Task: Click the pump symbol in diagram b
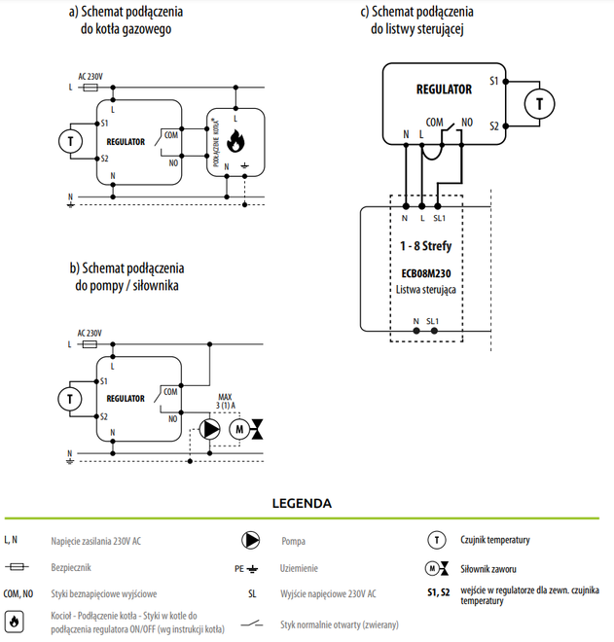coord(210,429)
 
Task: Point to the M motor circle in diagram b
coord(238,429)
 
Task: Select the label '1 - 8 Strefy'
coord(426,246)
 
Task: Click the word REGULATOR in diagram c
coord(444,89)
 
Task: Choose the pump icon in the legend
coord(251,539)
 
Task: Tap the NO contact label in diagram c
coord(467,123)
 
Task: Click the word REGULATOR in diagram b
coord(126,398)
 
